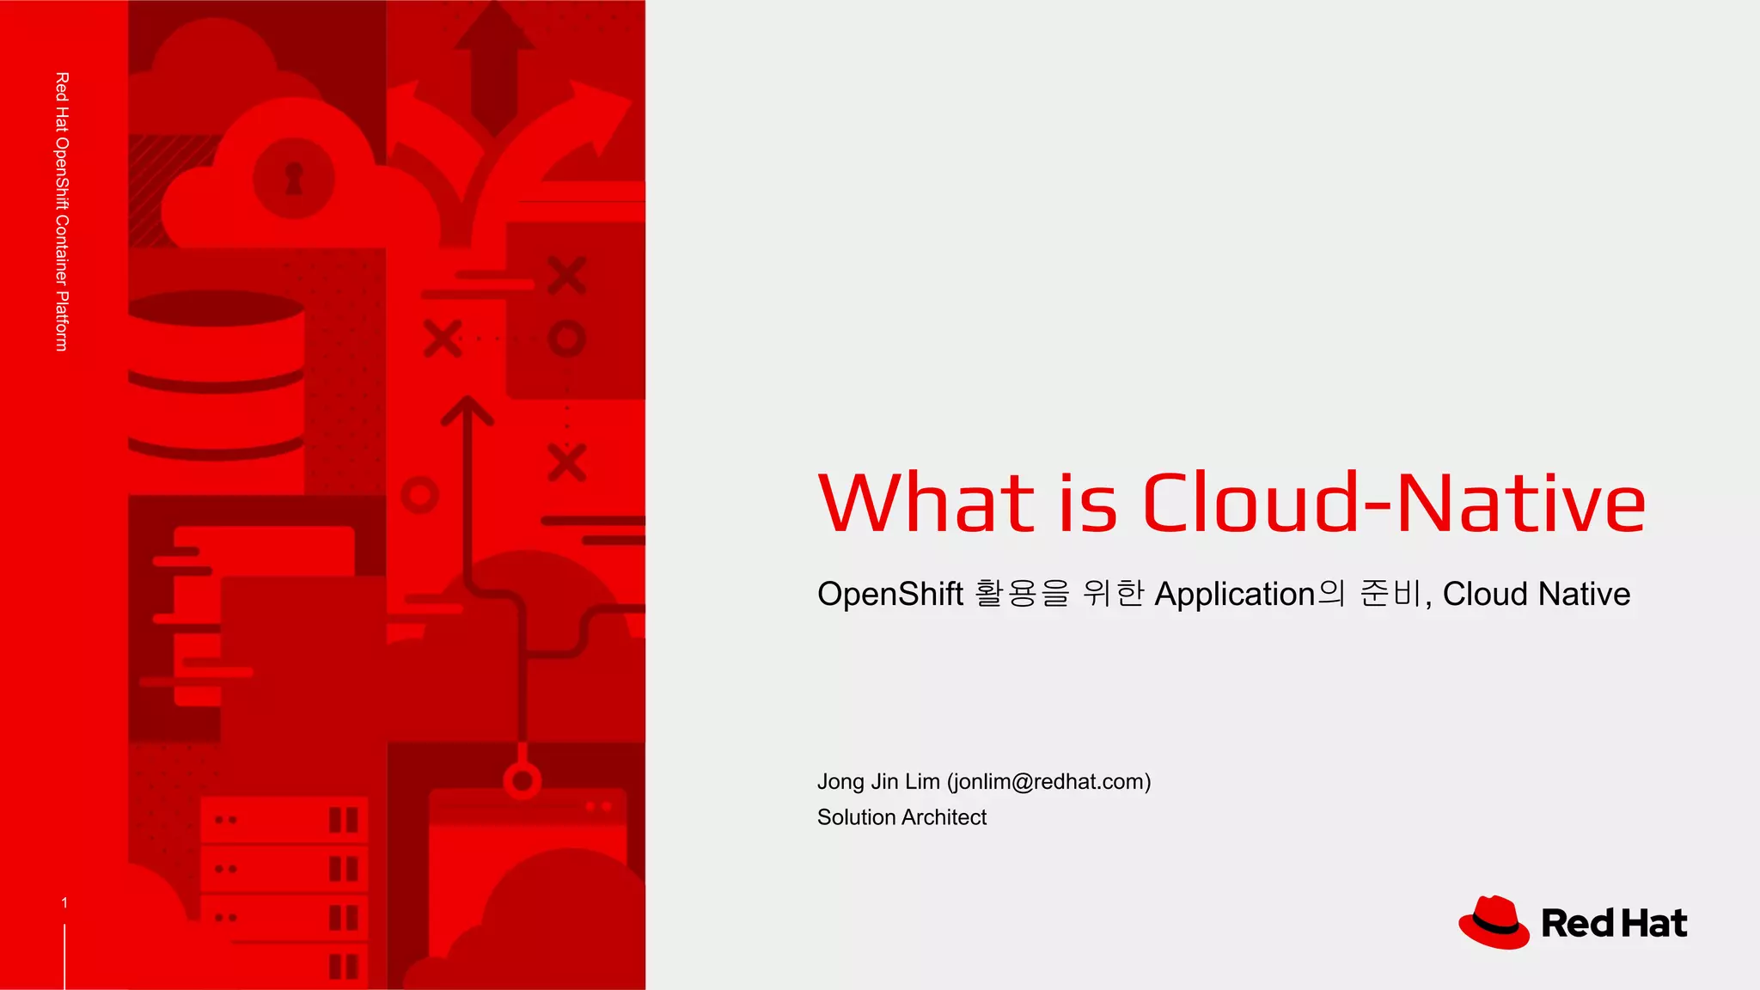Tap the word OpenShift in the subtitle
[x=889, y=594]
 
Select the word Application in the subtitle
[x=1234, y=594]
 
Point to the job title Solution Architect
[x=901, y=817]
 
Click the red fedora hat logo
[x=1494, y=922]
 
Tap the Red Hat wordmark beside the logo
[x=1614, y=924]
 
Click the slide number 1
[x=64, y=902]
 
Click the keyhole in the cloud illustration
[x=294, y=178]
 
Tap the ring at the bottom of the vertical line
[x=522, y=781]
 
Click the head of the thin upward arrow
[x=467, y=409]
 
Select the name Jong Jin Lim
[x=877, y=781]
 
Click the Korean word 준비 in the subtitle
[x=1390, y=594]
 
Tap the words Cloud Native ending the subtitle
[x=1536, y=594]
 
